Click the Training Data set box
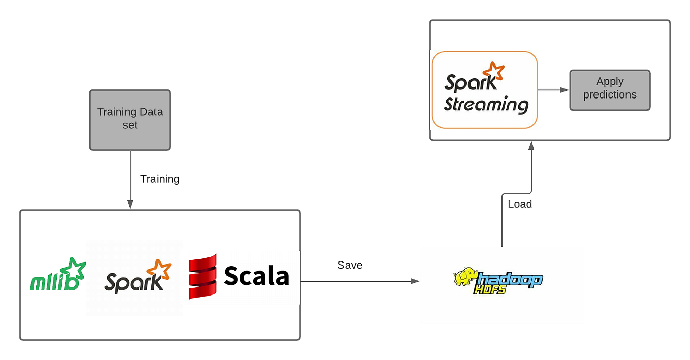tap(130, 120)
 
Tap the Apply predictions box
tap(610, 90)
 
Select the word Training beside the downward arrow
tap(160, 179)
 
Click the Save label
tap(350, 265)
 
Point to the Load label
tap(520, 204)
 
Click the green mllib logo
tap(54, 282)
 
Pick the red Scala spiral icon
tap(202, 277)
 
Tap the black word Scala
tap(256, 277)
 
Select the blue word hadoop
tap(511, 279)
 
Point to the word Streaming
tap(486, 104)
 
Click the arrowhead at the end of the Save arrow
tap(415, 281)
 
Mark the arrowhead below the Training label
tap(130, 204)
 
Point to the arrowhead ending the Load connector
tap(531, 146)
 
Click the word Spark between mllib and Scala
tap(133, 282)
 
